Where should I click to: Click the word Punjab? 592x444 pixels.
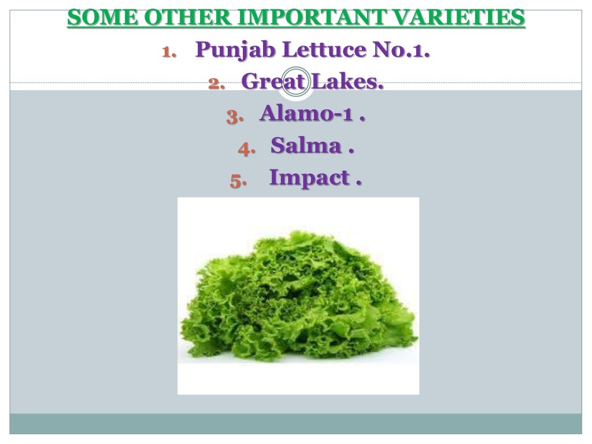pos(235,50)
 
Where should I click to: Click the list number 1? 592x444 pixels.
pos(168,52)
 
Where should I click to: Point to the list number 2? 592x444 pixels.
pos(216,84)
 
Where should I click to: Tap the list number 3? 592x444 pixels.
pos(234,116)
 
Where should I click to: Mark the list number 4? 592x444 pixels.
pos(246,148)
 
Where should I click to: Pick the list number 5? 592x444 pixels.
pos(238,180)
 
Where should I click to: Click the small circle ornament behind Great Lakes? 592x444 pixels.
pos(295,84)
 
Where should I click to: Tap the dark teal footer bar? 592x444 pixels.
pos(296,423)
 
